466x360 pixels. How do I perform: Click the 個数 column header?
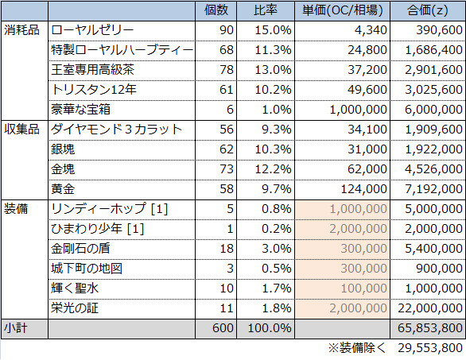(216, 10)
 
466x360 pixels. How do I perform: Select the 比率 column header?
(266, 10)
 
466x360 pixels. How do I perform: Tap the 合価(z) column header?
(427, 10)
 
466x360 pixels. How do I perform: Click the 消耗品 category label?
(21, 30)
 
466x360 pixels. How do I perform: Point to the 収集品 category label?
(21, 130)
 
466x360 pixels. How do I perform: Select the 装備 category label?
(16, 209)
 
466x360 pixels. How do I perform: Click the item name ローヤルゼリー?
(92, 30)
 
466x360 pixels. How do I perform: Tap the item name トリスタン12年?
(94, 90)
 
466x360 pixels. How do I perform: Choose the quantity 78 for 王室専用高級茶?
(227, 70)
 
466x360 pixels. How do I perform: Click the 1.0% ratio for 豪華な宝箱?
(277, 110)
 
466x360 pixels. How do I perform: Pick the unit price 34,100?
(367, 130)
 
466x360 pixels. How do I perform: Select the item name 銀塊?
(63, 149)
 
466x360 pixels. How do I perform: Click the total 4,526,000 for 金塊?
(433, 169)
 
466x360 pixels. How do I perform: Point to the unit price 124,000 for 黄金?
(363, 189)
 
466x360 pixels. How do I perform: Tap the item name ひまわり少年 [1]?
(98, 229)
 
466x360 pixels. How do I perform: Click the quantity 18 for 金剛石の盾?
(227, 249)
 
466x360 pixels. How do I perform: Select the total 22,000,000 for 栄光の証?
(430, 308)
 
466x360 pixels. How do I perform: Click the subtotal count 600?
(223, 328)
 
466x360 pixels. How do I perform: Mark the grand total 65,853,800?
(430, 328)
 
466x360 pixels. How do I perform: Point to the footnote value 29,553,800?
(430, 348)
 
